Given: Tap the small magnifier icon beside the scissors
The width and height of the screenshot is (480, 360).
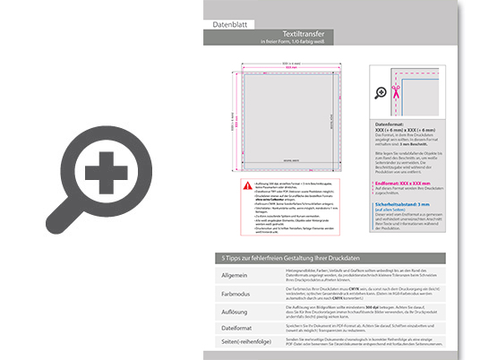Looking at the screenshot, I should (x=381, y=91).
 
